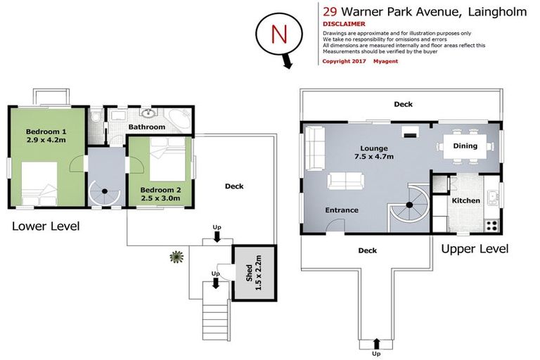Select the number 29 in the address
(329, 11)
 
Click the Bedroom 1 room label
(46, 136)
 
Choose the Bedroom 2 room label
(160, 194)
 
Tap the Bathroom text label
(146, 127)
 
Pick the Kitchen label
(465, 200)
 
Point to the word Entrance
(341, 210)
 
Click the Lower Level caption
(45, 226)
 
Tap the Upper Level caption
(475, 249)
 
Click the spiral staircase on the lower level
(104, 194)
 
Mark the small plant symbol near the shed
(174, 257)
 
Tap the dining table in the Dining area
(465, 146)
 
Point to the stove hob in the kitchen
(491, 226)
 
